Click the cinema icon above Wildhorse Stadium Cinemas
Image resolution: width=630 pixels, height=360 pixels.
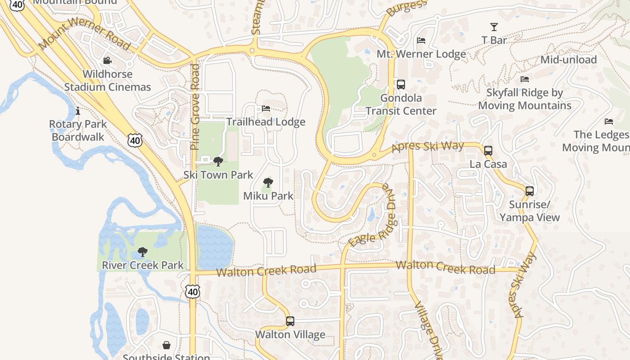107,60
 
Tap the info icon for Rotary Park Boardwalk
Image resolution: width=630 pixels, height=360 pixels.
78,110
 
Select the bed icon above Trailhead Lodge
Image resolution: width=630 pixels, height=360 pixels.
266,108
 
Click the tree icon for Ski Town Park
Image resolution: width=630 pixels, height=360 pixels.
218,161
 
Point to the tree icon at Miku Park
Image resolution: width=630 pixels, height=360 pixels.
268,182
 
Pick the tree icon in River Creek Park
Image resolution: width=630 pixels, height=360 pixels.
143,252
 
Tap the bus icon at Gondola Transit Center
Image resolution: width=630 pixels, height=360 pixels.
400,84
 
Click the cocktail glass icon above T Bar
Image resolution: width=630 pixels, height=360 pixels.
494,27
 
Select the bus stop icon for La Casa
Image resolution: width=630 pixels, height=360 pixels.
488,151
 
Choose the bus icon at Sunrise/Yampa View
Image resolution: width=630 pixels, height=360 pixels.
530,191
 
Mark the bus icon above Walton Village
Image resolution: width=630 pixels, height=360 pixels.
290,321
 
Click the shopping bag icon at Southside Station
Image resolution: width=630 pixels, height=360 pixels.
166,345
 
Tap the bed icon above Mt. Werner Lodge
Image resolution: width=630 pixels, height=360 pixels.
421,40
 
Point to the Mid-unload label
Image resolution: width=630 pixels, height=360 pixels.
568,59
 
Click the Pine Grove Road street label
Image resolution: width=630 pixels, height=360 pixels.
195,107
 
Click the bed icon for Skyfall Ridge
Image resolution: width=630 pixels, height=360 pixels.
525,79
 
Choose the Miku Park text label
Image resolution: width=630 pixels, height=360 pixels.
268,196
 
